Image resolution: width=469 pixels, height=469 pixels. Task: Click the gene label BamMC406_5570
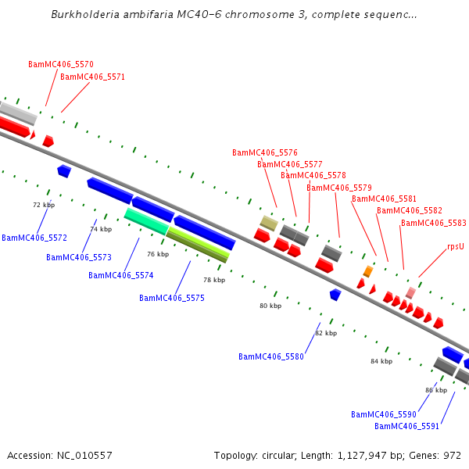click(61, 64)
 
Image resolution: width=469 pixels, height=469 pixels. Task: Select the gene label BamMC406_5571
click(92, 77)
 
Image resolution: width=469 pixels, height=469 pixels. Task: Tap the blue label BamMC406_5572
click(34, 237)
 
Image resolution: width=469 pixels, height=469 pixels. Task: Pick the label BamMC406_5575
click(172, 298)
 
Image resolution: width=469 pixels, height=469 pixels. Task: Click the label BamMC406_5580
click(271, 356)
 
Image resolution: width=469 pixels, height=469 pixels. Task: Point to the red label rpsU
click(456, 246)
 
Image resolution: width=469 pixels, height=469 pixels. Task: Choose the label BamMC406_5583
click(432, 223)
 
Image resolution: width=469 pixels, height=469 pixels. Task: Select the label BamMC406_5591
click(406, 426)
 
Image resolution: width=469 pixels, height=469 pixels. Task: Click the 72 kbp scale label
click(43, 205)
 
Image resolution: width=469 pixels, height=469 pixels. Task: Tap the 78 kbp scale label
click(213, 280)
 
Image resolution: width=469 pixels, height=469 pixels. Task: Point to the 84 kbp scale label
click(381, 361)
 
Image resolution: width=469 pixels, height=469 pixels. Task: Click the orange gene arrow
click(367, 271)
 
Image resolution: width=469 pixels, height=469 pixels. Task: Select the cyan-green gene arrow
click(146, 221)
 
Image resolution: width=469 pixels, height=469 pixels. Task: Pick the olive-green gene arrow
click(198, 243)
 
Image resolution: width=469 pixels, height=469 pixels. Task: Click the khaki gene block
click(269, 223)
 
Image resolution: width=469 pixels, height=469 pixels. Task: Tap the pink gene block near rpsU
click(410, 292)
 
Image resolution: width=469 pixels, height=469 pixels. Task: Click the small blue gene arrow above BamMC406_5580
click(335, 295)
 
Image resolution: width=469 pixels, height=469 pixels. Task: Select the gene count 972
click(453, 455)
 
